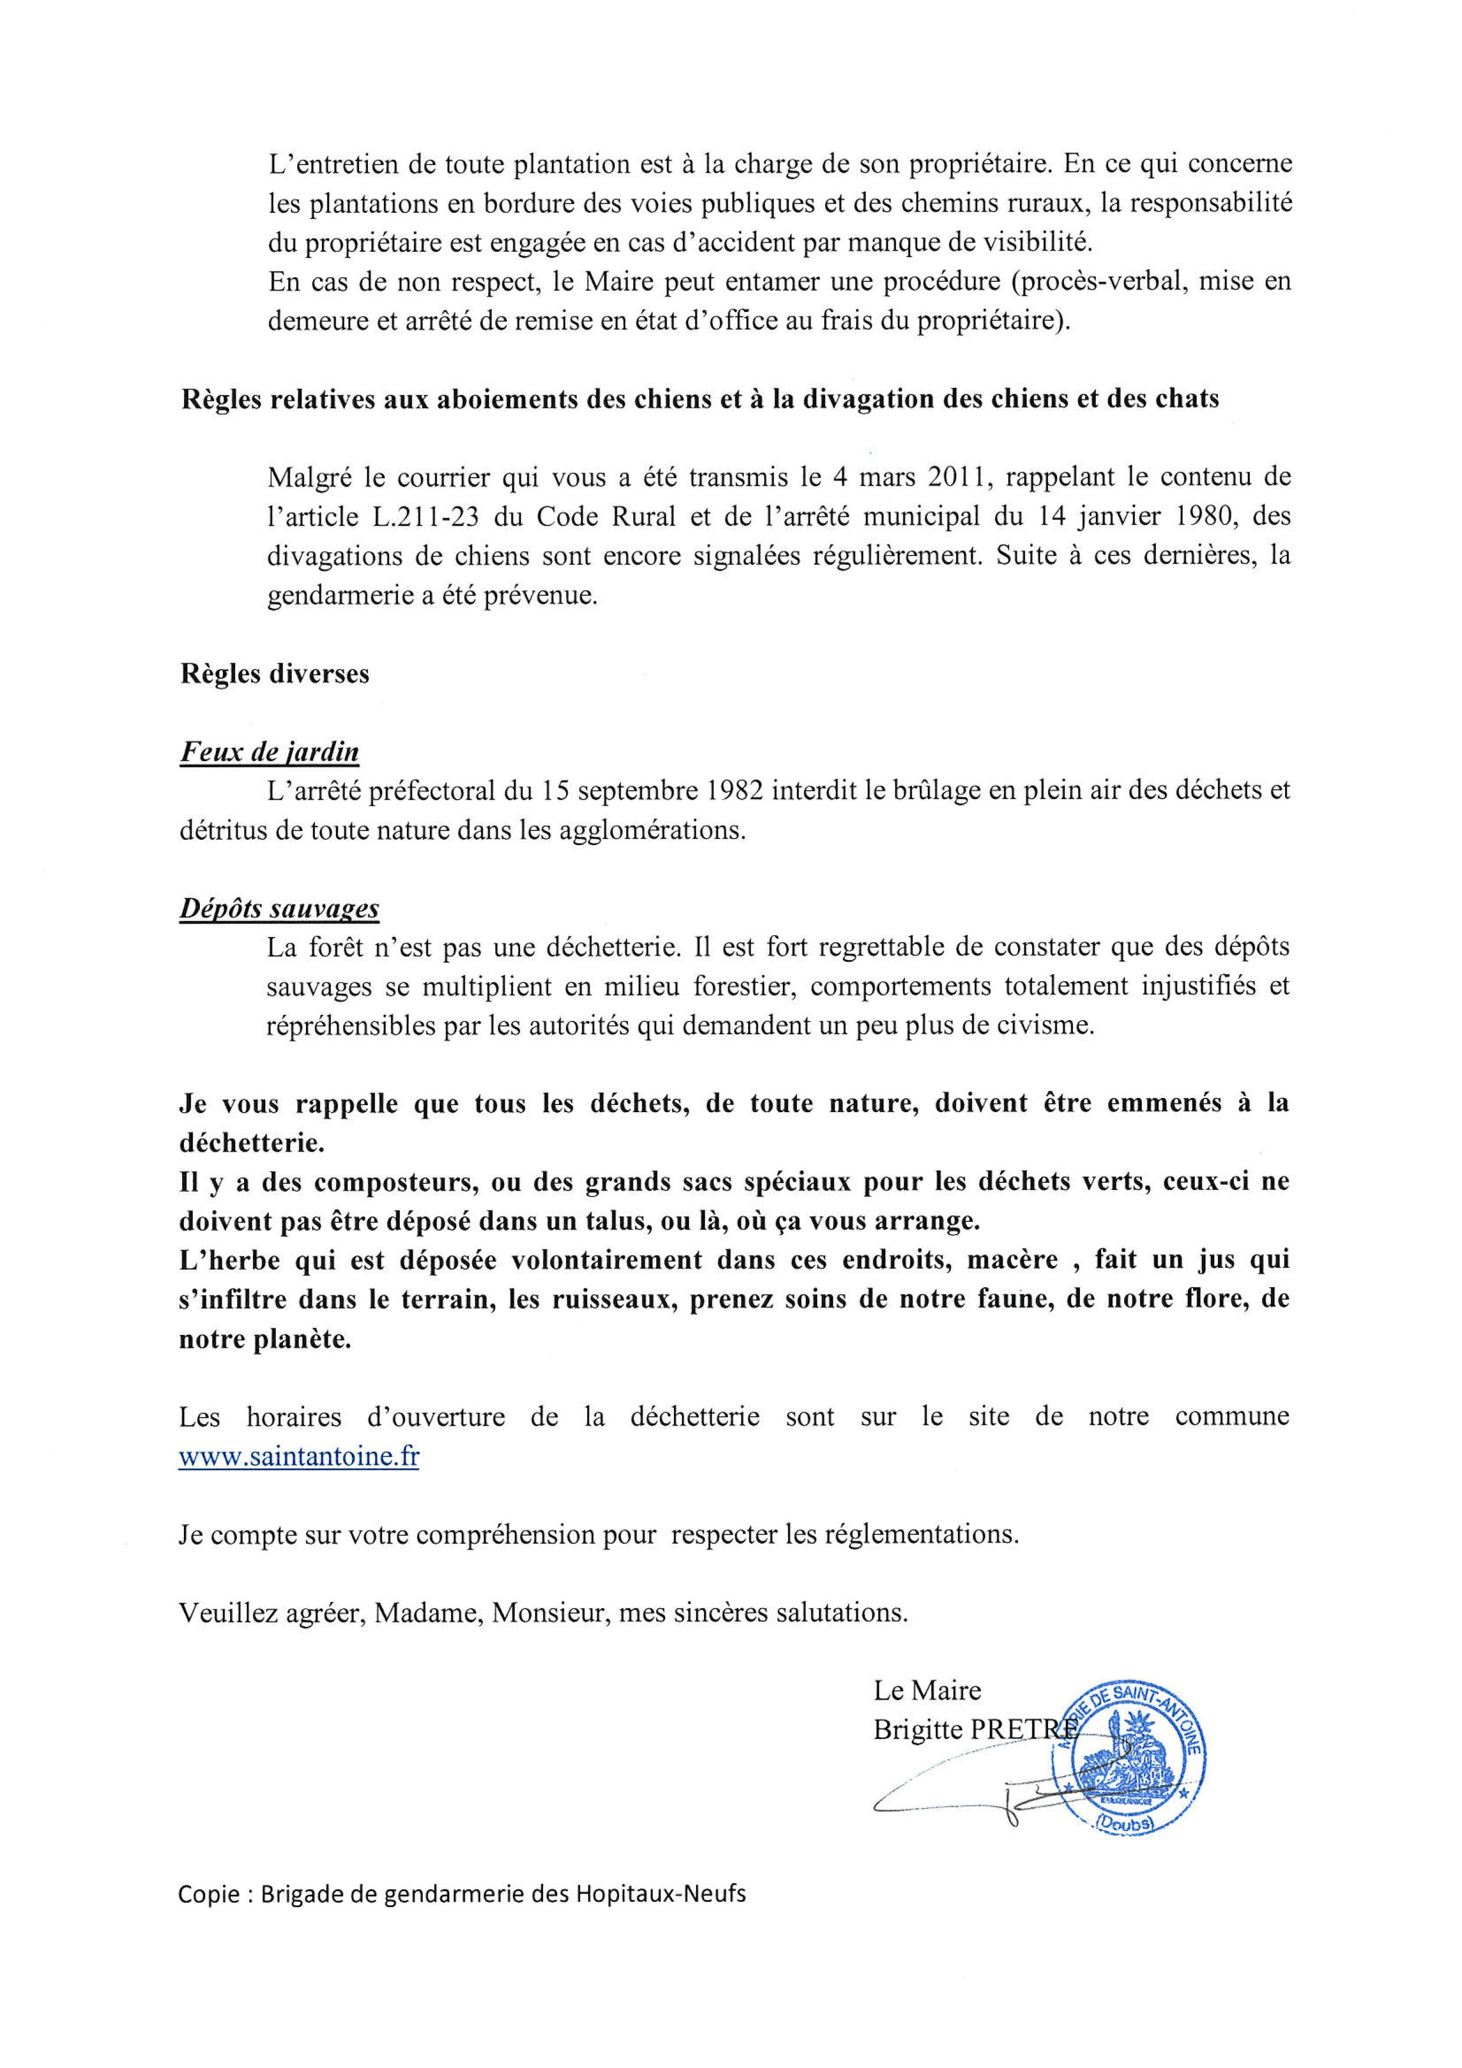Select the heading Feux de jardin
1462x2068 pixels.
[x=269, y=751]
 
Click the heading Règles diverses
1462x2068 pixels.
[x=275, y=674]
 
